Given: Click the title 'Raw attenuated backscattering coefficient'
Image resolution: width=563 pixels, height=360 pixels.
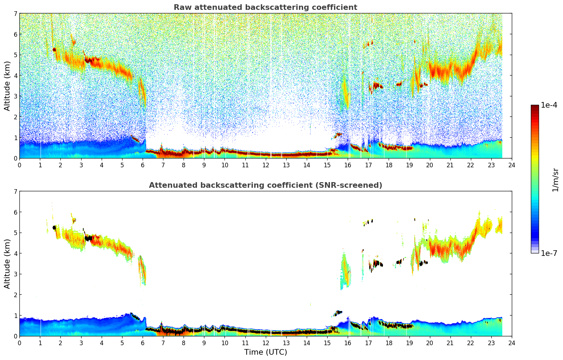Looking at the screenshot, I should coord(265,7).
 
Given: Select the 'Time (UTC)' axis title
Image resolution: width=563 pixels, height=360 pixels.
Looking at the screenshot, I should coord(265,352).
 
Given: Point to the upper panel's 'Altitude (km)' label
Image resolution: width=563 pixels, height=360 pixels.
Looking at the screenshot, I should coord(7,86).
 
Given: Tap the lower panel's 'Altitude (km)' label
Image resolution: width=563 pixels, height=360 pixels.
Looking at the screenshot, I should coord(7,264).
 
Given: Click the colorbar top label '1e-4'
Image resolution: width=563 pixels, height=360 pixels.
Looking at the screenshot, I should coord(549,105).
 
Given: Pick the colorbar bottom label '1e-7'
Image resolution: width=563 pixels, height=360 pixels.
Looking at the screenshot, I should coord(549,253).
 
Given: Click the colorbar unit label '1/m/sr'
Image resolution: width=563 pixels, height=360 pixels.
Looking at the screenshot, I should coord(556,179).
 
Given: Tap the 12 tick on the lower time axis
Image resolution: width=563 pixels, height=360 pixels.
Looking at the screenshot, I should coord(265,343).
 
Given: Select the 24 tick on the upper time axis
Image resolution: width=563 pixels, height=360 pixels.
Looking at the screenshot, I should coord(512,165).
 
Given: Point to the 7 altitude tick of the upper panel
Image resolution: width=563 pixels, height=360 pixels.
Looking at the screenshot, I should coord(15,14).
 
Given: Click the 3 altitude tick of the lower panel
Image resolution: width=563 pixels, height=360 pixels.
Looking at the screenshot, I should coord(15,274).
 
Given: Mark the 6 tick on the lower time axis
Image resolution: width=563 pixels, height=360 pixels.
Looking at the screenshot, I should coord(143,343).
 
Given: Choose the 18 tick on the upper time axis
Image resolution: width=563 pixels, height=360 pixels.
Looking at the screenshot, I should coord(389,165).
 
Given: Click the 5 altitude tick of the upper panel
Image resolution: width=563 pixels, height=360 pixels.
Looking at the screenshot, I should coord(15,55).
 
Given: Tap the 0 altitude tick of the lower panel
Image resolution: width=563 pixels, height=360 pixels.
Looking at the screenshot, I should coord(15,336).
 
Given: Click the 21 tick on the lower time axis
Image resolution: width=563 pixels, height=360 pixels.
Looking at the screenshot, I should coord(450,343).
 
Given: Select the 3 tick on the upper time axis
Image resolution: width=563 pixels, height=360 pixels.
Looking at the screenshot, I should coord(81,165).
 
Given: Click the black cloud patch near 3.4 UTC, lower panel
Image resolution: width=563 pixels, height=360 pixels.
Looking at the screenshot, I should coord(88,238).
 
